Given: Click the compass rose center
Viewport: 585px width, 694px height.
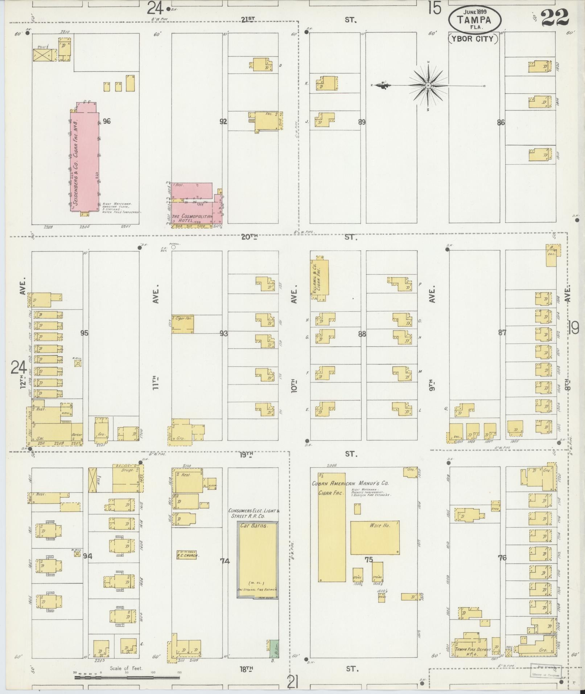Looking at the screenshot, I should click(428, 86).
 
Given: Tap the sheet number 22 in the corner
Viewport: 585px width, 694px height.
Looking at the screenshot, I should click(555, 17).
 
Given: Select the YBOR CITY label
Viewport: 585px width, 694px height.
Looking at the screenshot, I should click(473, 39).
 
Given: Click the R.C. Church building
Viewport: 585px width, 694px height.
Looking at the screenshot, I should click(187, 555).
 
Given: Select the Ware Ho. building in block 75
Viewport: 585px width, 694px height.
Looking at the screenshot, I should click(375, 543).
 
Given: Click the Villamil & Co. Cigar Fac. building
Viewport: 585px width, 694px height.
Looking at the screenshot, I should click(320, 279).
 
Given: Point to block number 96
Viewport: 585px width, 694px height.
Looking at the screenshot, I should click(106, 121).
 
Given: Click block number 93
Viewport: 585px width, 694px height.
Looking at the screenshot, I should click(223, 333).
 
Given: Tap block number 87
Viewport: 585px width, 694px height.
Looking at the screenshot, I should click(502, 332).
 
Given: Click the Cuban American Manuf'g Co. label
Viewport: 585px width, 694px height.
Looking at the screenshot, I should click(350, 483).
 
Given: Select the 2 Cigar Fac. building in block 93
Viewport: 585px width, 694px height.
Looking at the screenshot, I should click(182, 324).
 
